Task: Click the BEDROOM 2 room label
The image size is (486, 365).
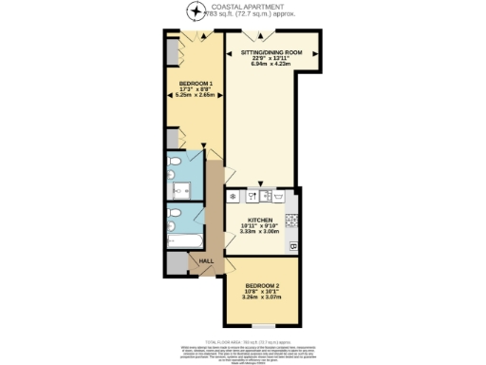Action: [262, 285]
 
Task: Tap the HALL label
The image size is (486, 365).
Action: [204, 260]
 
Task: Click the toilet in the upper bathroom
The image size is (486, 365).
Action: [172, 174]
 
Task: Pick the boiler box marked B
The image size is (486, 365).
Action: [293, 247]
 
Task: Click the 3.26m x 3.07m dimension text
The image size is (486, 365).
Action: [262, 298]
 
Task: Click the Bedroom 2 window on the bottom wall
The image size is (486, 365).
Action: [263, 326]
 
